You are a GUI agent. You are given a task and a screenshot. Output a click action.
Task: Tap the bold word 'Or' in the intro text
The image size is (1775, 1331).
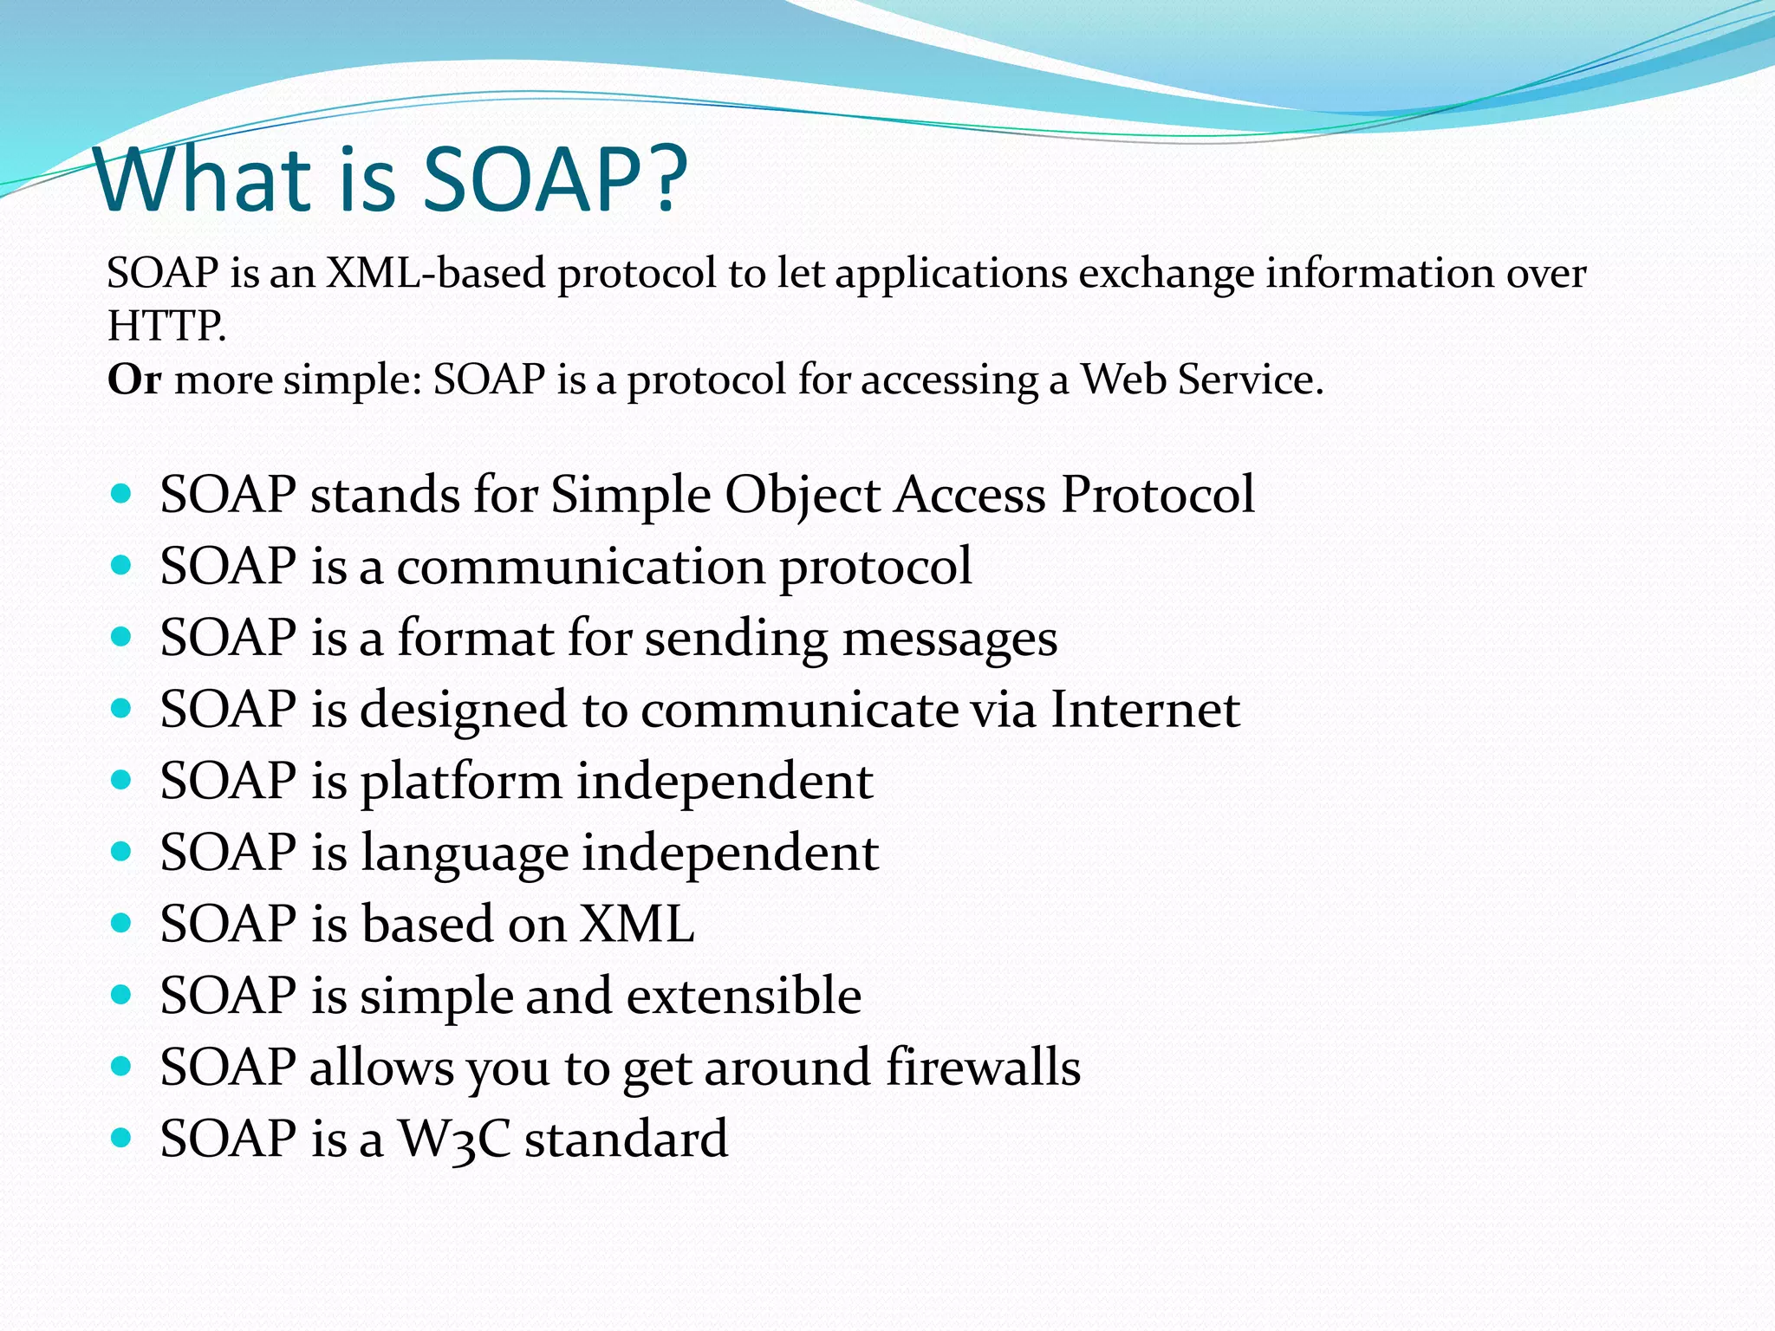tap(133, 380)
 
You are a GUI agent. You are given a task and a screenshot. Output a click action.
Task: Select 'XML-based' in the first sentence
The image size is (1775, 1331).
tap(435, 273)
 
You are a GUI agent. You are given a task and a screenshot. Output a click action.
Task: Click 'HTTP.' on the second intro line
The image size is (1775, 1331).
tap(166, 327)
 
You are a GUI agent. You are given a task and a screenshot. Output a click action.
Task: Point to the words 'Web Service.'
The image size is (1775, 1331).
tap(1201, 380)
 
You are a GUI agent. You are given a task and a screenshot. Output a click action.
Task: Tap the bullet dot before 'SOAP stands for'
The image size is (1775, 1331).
tap(121, 494)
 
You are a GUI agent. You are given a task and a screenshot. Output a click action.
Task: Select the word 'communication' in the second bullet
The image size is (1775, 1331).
tap(580, 567)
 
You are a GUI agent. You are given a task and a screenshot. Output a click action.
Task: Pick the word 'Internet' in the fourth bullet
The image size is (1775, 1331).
tap(1145, 710)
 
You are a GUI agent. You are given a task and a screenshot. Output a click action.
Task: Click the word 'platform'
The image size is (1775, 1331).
tap(461, 782)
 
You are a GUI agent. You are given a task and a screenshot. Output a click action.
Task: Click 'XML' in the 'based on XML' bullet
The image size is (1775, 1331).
tap(637, 924)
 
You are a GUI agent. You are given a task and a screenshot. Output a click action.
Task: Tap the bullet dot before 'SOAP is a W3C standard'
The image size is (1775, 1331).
tap(121, 1137)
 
